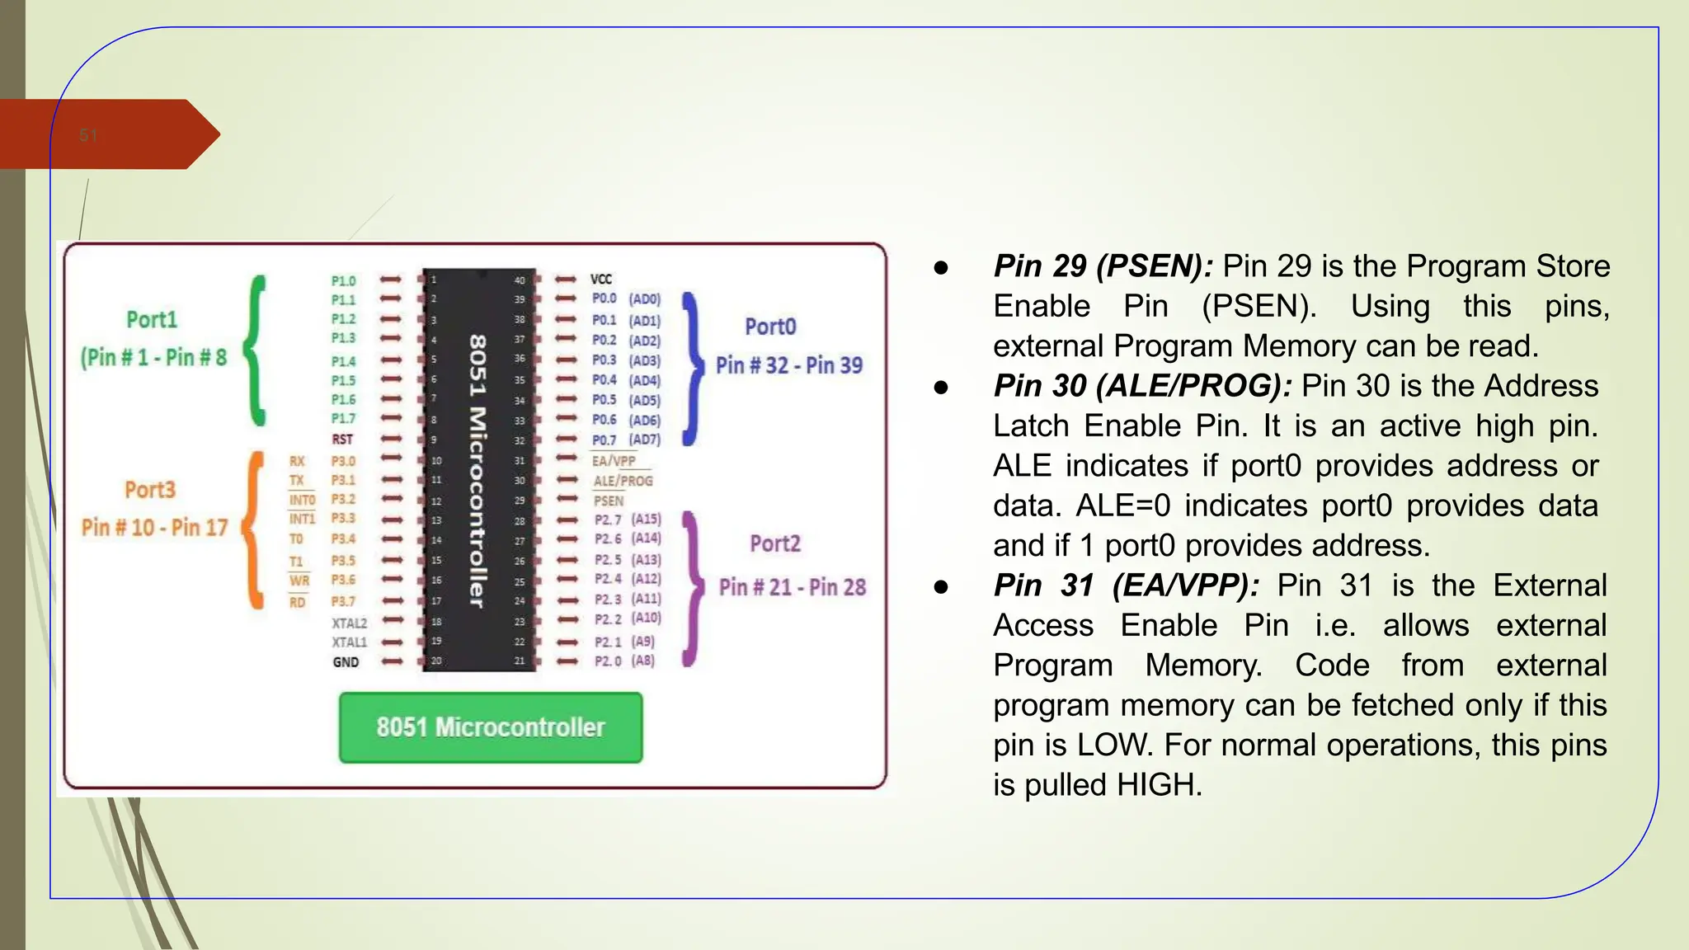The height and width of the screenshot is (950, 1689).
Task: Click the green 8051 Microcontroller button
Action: click(x=491, y=727)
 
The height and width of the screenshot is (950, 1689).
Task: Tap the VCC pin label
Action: click(x=601, y=280)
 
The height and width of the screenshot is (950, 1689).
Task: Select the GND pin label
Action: click(x=346, y=662)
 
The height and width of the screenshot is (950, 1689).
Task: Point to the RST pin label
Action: click(x=342, y=440)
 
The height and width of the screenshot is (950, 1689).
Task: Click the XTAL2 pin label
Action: click(x=349, y=623)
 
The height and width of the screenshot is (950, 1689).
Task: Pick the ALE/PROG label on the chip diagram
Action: click(x=623, y=481)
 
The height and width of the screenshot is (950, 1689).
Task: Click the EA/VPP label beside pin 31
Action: click(x=614, y=461)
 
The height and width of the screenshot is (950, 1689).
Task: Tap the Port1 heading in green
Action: click(x=152, y=320)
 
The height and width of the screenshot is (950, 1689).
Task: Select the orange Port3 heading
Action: click(x=150, y=490)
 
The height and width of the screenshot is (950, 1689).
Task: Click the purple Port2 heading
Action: click(x=775, y=543)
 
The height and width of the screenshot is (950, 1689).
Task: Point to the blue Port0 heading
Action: click(x=770, y=327)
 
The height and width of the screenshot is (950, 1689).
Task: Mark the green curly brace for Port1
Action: click(x=257, y=350)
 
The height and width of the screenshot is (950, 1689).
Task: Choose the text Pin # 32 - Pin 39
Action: click(x=789, y=365)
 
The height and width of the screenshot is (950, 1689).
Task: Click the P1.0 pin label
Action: click(x=343, y=281)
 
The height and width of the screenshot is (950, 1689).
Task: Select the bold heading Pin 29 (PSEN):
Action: click(x=1103, y=266)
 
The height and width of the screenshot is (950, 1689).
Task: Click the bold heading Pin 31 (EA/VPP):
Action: click(x=1127, y=586)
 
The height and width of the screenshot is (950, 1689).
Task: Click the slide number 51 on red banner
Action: click(x=88, y=135)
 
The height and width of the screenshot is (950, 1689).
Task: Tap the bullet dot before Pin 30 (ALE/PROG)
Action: click(x=941, y=387)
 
